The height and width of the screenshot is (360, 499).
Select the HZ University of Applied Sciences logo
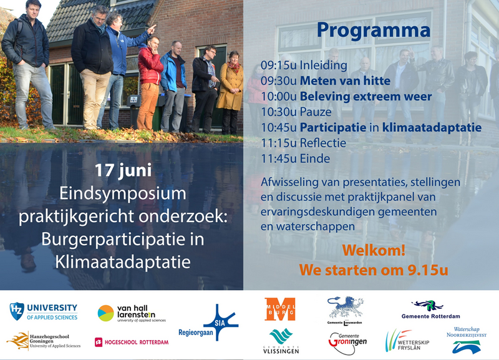[x=44, y=311]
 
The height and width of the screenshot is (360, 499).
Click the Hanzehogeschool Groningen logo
[x=44, y=341]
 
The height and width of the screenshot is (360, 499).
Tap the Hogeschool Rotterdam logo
[x=132, y=342]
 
